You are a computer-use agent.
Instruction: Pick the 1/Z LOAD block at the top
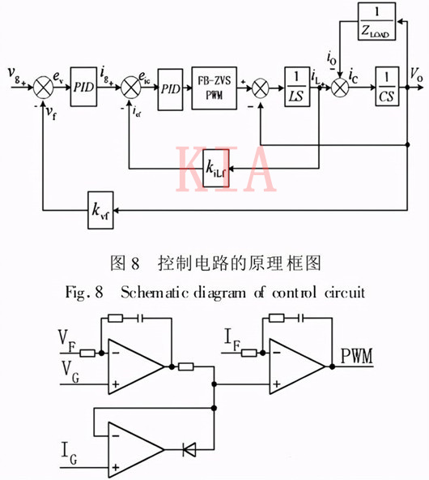click(x=376, y=22)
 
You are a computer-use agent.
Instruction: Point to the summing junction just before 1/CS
click(x=344, y=84)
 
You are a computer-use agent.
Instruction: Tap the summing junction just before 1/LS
click(x=260, y=84)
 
